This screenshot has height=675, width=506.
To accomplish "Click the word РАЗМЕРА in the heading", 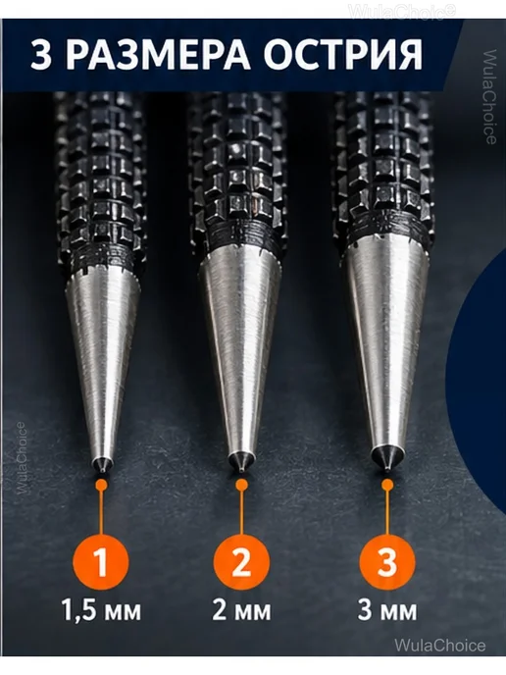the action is coord(159,55).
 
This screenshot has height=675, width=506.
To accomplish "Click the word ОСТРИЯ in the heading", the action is coord(342,55).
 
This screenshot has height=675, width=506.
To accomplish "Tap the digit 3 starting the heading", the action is coord(42,56).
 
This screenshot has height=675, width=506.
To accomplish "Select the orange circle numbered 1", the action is coord(101,562).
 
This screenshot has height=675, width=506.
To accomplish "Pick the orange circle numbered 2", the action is coord(241,562).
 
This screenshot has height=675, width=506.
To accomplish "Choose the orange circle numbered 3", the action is coord(387,562).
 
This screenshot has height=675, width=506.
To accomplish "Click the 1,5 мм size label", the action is coord(102,610).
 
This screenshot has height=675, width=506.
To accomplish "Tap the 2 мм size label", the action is coord(242,610).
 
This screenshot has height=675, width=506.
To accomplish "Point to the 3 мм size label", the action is coord(387,610).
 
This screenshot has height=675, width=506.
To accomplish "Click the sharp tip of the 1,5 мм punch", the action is coord(102,472).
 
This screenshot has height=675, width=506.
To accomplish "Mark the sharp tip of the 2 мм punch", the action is coord(242,470).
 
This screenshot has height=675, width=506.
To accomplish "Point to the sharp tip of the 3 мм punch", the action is coord(388,470).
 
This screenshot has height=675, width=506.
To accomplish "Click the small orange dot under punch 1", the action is coord(102,485).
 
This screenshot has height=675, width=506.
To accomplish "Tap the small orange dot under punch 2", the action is coord(242,485).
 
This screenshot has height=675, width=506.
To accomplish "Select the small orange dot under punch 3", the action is coord(387,485).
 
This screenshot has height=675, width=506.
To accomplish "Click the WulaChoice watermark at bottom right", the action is coord(439,646).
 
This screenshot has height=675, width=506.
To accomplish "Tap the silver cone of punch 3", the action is coord(387,344).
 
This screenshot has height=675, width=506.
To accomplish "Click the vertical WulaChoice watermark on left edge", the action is coord(21,457).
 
